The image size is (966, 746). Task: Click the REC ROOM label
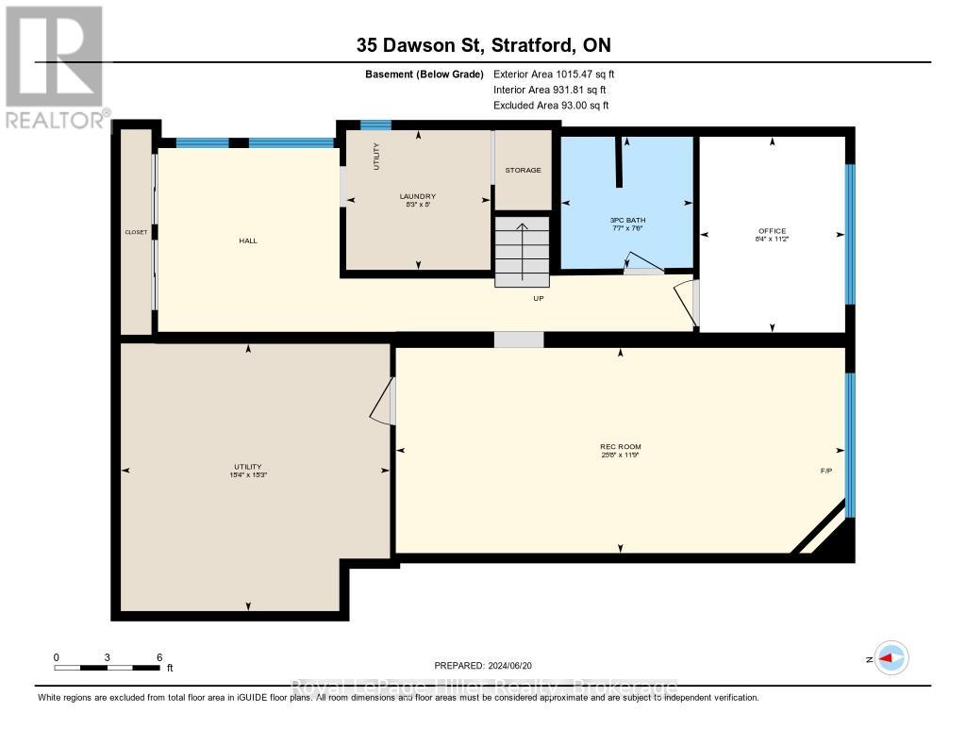(x=620, y=446)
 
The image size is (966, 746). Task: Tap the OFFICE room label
(x=772, y=231)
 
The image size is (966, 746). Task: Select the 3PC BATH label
(x=627, y=220)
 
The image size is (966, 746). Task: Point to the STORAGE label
(x=523, y=170)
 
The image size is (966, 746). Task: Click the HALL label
(x=248, y=240)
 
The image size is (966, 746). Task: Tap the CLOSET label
(x=136, y=232)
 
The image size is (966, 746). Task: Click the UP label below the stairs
(x=539, y=298)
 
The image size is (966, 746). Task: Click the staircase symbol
(x=522, y=250)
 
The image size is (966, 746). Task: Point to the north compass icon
(x=891, y=658)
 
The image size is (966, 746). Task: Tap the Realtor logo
(x=55, y=66)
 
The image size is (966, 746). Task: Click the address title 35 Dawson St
(x=490, y=44)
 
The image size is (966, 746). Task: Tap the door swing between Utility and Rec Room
(x=383, y=404)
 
